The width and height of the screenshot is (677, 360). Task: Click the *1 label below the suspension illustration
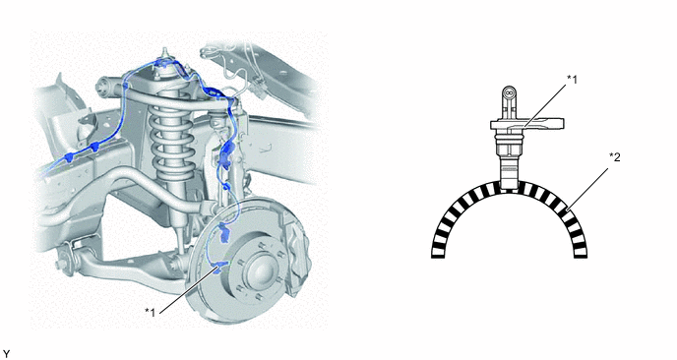[151, 312]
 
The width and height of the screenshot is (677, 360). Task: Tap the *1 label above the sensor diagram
[572, 79]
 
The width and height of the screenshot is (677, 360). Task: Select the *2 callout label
[614, 157]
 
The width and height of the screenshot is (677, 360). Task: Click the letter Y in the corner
[6, 354]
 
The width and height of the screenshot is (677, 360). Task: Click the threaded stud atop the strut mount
[164, 54]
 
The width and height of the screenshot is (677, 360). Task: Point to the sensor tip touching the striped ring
[508, 185]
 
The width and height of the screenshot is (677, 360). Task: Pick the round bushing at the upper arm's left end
[104, 86]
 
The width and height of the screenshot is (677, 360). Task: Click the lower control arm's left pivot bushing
[65, 259]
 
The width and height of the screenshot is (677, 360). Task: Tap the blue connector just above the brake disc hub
[224, 232]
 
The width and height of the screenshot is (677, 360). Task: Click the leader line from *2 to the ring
[588, 188]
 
